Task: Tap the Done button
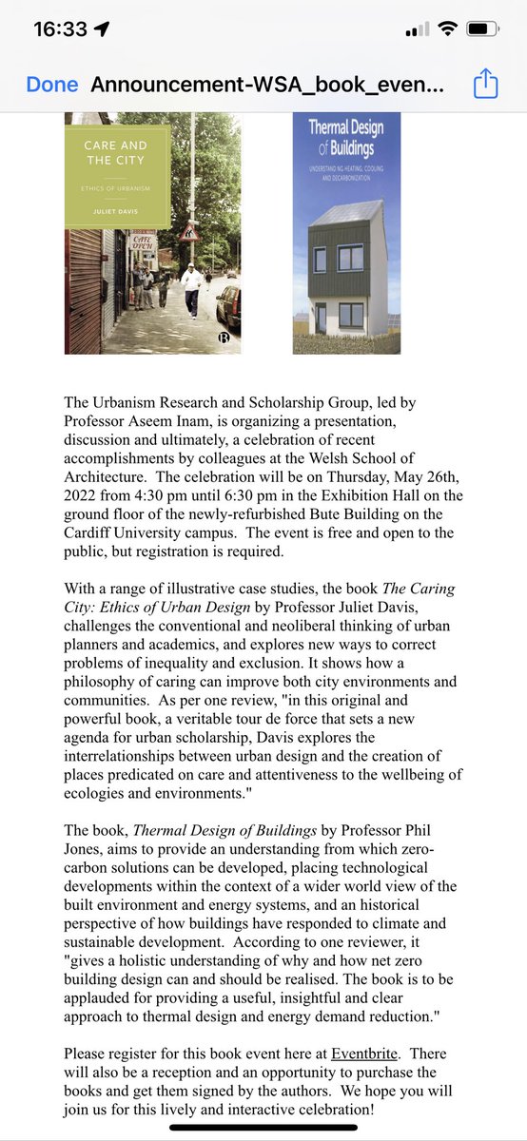point(52,85)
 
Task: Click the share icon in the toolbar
point(485,85)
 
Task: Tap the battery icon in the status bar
point(483,29)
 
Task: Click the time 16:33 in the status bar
point(60,29)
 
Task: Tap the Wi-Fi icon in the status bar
point(445,29)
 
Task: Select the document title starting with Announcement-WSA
point(267,85)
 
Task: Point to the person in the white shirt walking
point(192,288)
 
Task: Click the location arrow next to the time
point(101,29)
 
